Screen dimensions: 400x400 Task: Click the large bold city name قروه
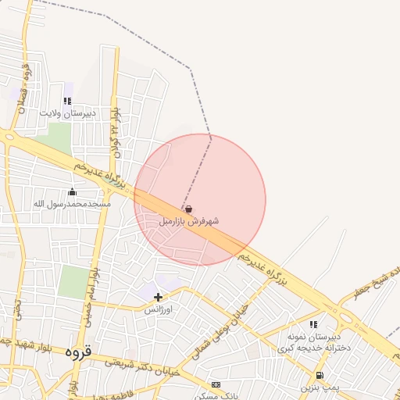tap(78, 352)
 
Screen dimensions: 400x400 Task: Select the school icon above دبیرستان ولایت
tap(67, 101)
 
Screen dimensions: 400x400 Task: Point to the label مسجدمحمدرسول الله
tap(72, 204)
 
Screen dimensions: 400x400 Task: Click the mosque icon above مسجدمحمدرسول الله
tap(73, 192)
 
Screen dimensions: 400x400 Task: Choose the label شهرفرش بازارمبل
tap(189, 221)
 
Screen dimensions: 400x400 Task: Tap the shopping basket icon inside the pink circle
tap(189, 209)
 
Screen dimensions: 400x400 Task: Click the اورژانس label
tap(159, 309)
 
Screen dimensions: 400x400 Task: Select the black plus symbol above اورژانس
tap(159, 297)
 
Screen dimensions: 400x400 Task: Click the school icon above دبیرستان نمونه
tap(313, 324)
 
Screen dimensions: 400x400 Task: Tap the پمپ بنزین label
tap(321, 387)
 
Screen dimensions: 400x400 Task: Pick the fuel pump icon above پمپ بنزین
tap(320, 376)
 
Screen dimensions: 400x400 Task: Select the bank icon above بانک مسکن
tap(216, 384)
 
